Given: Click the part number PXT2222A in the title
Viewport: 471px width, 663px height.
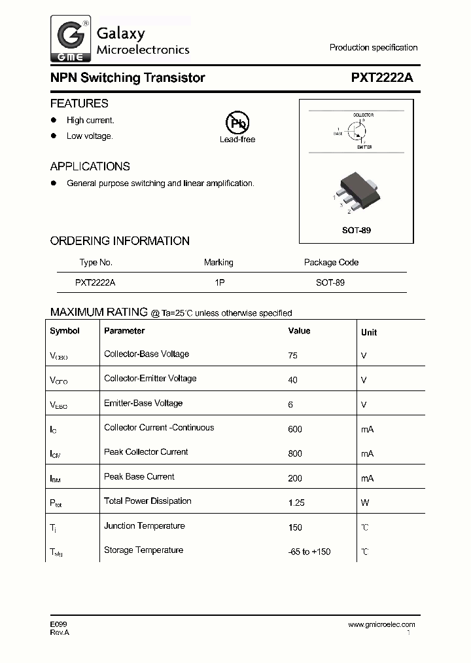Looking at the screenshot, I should [382, 78].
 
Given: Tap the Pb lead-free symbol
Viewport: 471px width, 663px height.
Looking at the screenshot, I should [237, 123].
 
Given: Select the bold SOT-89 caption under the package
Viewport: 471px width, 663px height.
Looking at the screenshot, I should [357, 231].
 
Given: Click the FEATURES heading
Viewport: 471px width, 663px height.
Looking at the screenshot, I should [79, 104].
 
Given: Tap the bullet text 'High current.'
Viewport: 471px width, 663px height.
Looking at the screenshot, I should [90, 121].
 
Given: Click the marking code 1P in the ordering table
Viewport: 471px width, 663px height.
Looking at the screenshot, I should [218, 283].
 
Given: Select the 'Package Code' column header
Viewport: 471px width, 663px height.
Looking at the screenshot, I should [331, 263].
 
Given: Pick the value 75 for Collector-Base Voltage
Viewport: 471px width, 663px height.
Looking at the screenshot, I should [292, 355].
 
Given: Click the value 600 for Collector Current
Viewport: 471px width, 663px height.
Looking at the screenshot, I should [294, 429].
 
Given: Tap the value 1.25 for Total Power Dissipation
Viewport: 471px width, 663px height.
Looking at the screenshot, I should [296, 502].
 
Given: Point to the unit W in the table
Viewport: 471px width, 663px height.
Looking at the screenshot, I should [365, 502].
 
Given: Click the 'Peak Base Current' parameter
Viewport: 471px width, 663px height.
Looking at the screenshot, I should [139, 477].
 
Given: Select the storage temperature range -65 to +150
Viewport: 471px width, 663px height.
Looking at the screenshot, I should [309, 552].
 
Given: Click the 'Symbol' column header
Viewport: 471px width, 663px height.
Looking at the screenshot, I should [65, 331].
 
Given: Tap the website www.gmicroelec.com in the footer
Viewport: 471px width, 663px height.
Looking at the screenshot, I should [381, 624].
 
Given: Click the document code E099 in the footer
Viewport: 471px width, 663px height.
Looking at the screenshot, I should [58, 624].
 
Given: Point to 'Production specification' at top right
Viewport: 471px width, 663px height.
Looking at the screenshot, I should [373, 48].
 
